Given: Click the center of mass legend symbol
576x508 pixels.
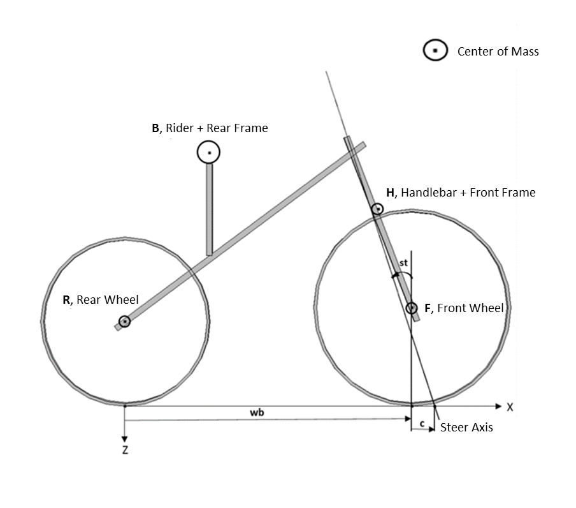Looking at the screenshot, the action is tap(435, 50).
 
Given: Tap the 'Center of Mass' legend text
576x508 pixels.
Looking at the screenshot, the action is tap(498, 52).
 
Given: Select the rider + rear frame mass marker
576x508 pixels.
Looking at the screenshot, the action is tap(208, 153).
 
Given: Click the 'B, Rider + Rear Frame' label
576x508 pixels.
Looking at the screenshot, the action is tap(210, 128).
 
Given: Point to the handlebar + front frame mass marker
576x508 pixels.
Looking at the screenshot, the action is tap(377, 209).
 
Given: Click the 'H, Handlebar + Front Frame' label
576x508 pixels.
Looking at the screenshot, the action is tap(461, 193).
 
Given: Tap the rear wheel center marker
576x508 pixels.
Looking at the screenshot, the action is tap(125, 322).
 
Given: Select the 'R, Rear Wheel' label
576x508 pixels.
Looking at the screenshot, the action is tap(100, 300).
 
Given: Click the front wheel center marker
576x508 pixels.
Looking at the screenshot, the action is tap(412, 308).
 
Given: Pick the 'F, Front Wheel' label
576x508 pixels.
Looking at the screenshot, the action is tap(464, 308).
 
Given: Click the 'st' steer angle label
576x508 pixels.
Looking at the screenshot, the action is tap(403, 263).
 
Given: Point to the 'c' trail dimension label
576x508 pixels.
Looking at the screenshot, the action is tap(422, 422).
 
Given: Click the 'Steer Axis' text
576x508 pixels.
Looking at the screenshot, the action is tap(466, 428).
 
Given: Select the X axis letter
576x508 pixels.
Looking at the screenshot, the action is tap(510, 407).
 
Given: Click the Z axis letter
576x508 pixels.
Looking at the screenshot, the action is tap(126, 450).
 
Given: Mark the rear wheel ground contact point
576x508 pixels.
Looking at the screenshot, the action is tap(125, 405).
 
